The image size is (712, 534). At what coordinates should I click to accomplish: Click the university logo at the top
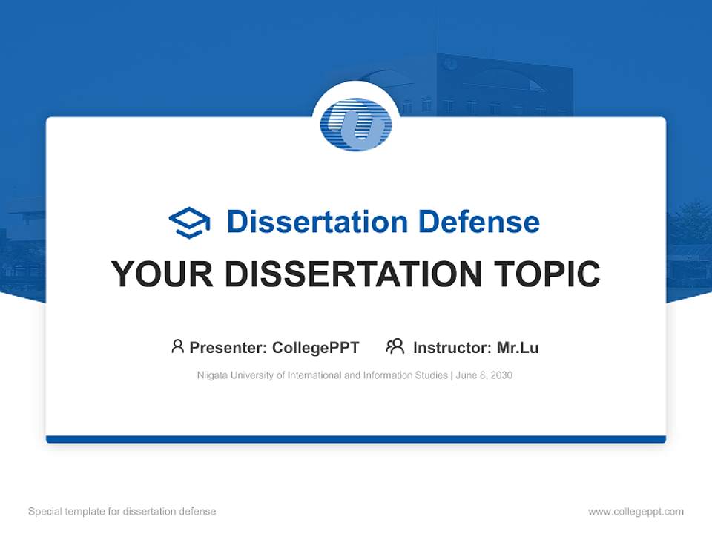tap(356, 124)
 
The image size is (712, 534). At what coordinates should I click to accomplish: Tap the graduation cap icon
tap(189, 222)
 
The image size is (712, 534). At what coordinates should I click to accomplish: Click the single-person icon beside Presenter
tap(177, 346)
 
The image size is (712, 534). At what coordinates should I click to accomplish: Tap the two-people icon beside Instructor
tap(395, 346)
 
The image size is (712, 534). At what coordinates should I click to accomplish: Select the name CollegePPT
tap(315, 347)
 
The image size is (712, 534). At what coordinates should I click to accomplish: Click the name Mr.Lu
tap(518, 347)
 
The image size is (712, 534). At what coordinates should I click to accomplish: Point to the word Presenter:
tap(228, 347)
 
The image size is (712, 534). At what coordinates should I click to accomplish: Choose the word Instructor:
tap(452, 347)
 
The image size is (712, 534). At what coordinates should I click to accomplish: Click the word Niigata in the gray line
tap(212, 375)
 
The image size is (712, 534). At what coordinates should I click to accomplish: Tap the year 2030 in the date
tap(500, 375)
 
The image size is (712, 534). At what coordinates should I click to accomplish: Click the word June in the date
tap(465, 375)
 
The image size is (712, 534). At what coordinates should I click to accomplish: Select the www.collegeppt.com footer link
tap(636, 512)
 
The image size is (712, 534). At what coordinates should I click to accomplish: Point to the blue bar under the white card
tap(356, 439)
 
